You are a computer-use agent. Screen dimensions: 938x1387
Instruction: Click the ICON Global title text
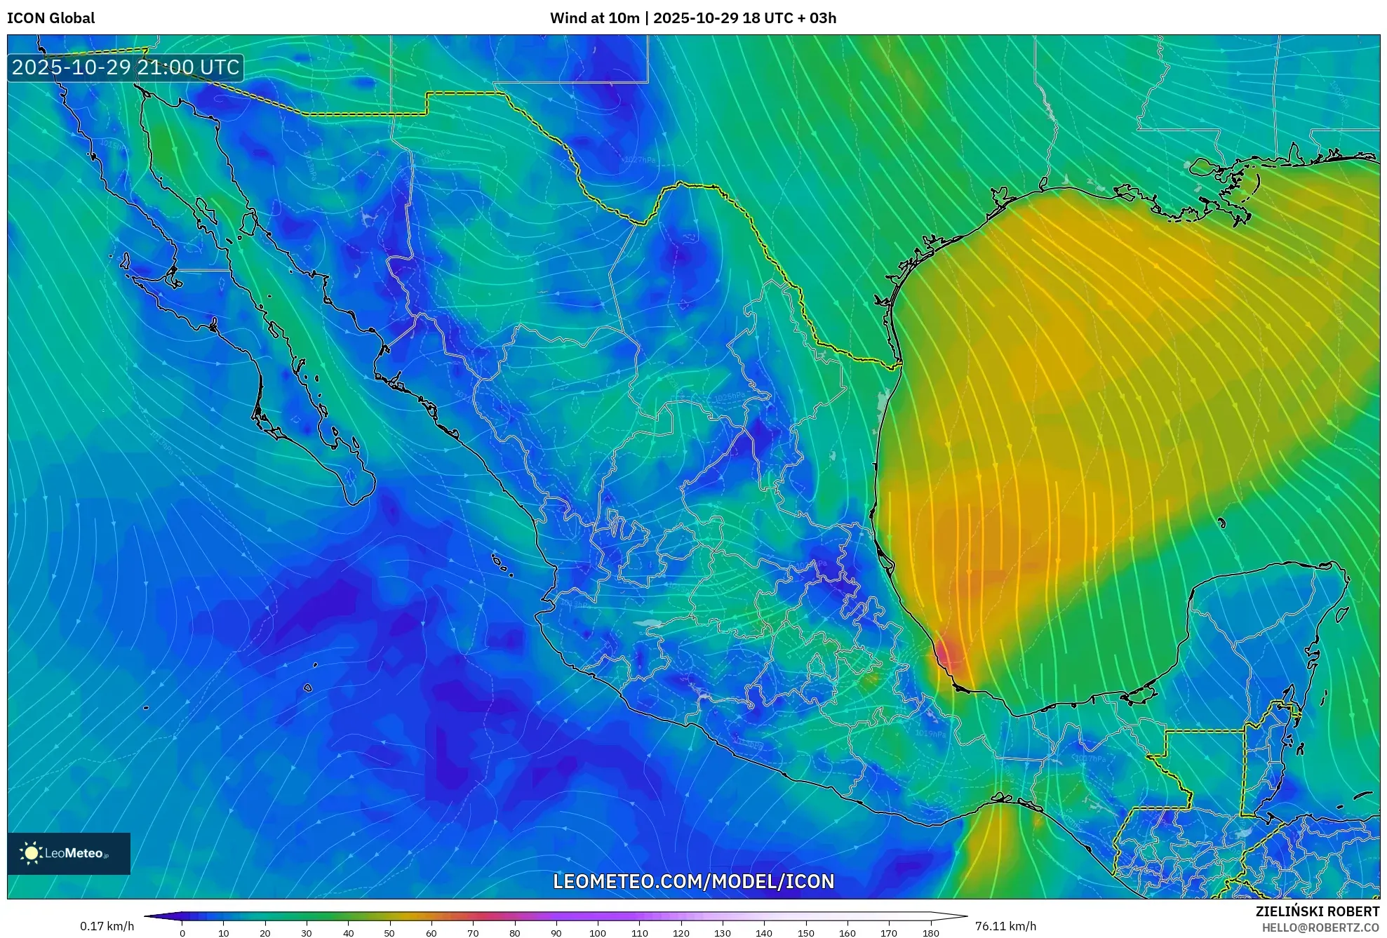51,18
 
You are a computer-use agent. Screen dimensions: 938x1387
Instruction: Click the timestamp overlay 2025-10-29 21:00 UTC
126,67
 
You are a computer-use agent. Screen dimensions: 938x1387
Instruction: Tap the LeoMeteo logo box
69,853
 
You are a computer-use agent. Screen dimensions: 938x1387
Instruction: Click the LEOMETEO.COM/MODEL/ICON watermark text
693,881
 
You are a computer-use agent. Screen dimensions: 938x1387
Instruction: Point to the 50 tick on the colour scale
389,933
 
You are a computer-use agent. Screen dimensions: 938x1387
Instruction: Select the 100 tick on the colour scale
598,933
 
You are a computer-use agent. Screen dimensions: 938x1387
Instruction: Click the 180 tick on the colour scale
930,933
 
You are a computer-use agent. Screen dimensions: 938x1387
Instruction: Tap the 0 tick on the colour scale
182,933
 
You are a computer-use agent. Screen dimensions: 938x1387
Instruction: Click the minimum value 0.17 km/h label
107,926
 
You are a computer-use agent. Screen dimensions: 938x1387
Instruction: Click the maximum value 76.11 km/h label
1005,926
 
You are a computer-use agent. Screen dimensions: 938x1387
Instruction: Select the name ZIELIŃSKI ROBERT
1317,911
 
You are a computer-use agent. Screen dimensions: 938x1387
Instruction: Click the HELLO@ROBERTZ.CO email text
1320,927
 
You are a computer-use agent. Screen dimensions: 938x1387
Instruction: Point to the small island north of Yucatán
1221,523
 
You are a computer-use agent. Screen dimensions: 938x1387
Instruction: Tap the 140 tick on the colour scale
764,933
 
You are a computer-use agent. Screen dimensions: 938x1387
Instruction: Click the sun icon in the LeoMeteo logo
32,853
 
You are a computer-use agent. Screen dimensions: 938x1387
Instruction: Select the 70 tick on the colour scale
473,933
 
